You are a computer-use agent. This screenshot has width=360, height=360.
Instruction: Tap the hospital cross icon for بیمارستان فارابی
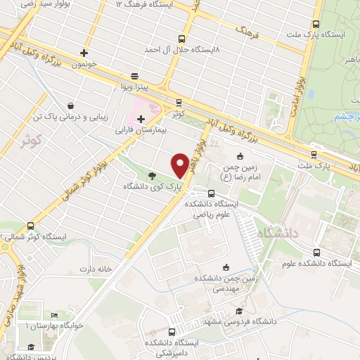141,120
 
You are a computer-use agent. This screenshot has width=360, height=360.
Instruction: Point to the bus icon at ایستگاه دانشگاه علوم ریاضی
211,193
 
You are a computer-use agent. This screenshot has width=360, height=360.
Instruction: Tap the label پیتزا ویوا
134,88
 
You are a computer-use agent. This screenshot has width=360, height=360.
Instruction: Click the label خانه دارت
96,269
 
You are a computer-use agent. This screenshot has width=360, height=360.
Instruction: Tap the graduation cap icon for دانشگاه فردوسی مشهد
239,311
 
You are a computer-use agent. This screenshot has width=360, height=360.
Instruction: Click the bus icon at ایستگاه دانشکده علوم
316,252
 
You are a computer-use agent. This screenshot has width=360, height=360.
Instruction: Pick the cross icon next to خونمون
84,52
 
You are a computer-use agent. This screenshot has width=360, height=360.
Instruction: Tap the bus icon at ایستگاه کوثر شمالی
30,226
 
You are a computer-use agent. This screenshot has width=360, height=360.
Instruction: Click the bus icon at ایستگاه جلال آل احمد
182,39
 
